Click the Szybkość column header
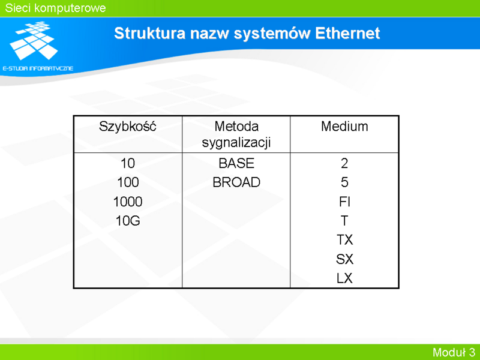point(127,127)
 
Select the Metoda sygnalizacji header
point(236,134)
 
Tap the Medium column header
point(344,126)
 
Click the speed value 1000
point(128,202)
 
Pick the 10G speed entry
point(128,221)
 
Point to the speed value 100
point(128,182)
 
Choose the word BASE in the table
point(236,163)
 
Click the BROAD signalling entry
point(236,182)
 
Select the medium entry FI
point(344,202)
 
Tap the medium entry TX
point(344,239)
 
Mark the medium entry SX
point(344,259)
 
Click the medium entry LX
point(344,278)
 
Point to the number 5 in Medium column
point(344,182)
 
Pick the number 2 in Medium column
point(344,163)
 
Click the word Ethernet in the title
point(347,33)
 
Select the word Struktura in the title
point(149,33)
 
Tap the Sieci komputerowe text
point(55,8)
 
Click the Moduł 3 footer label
point(454,352)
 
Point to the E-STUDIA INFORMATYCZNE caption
point(38,68)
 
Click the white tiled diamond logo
point(34,40)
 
